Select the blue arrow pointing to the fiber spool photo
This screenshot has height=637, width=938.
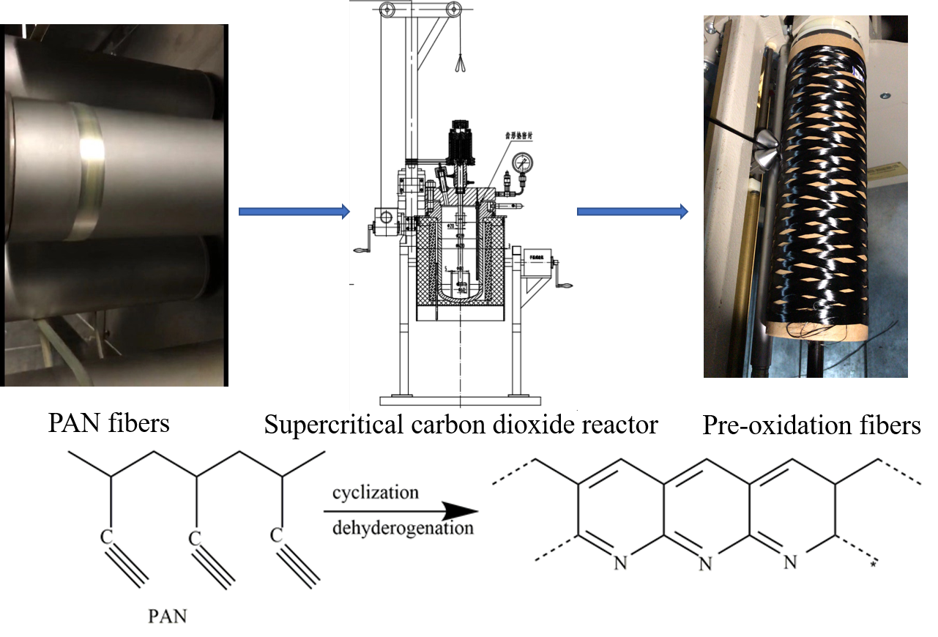[633, 212]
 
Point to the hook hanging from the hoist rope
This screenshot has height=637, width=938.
[459, 64]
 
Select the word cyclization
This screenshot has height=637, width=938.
[376, 492]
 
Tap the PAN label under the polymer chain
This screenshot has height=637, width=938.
[168, 616]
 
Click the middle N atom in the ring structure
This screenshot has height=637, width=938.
[705, 563]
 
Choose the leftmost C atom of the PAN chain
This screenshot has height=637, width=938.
[108, 540]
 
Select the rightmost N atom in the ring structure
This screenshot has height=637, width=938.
[789, 562]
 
